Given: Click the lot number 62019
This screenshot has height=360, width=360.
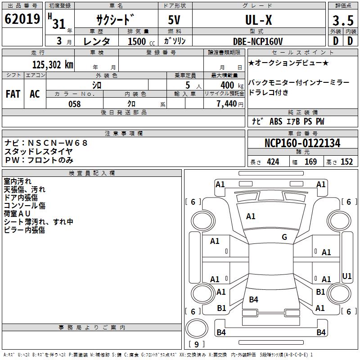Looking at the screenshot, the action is tap(22, 19).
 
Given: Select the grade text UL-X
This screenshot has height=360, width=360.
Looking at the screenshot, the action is tap(258, 20).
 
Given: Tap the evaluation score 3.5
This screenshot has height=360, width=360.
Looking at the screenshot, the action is tap(343, 20).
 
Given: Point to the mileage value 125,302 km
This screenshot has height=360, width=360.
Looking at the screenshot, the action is tap(53, 65).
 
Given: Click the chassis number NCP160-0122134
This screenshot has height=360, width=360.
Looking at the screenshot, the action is tap(302, 143).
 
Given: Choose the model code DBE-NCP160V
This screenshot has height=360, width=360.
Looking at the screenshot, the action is tap(257, 41).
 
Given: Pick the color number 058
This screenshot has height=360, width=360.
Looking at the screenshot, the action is tap(74, 104).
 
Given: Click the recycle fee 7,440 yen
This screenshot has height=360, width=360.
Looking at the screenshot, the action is tap(230, 104).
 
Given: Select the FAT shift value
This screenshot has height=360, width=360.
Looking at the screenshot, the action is tap(13, 94).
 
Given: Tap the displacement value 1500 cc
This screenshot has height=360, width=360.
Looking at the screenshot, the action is tap(141, 41).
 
